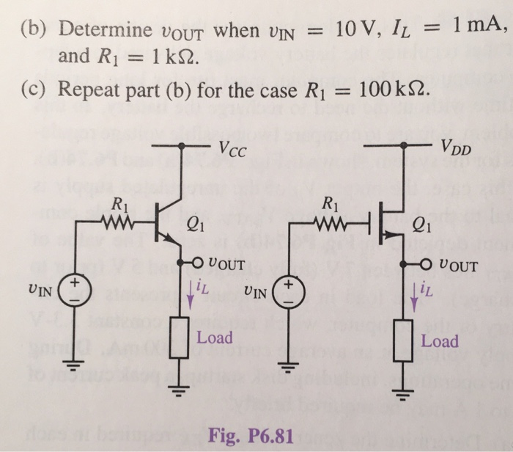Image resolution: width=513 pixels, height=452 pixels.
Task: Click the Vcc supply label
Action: (233, 152)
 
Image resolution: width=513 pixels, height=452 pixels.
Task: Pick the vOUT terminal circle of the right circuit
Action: (421, 265)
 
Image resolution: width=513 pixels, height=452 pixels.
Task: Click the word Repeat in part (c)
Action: (85, 91)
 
